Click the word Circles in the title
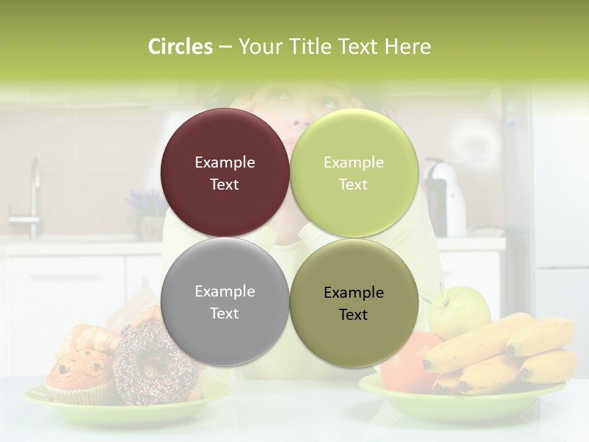pos(180,47)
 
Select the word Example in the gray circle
pos(225,292)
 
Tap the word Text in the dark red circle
pos(225,184)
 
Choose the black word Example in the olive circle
pos(353,293)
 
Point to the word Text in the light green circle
pos(353,184)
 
